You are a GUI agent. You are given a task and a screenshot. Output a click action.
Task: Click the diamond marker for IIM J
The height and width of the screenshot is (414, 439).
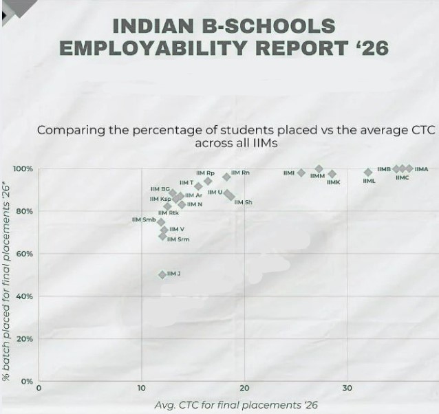point(162,274)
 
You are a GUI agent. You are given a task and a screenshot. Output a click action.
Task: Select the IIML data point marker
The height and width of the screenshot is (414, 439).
point(368,172)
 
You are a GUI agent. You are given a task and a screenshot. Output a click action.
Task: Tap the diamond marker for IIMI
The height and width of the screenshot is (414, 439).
point(301,173)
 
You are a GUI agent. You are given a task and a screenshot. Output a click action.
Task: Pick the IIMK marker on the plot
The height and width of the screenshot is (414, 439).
point(332,174)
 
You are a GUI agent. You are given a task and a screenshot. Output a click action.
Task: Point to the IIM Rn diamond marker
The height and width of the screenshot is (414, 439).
point(226,176)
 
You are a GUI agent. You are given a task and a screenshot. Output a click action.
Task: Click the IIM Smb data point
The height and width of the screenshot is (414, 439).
point(161,221)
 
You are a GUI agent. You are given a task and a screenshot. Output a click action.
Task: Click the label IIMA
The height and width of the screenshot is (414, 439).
point(421,168)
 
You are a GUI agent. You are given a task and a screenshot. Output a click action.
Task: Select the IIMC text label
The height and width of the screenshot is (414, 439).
point(403,178)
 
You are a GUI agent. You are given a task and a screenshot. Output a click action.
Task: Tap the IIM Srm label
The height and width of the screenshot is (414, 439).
point(178,239)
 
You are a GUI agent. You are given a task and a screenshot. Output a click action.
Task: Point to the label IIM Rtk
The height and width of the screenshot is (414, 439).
point(169,213)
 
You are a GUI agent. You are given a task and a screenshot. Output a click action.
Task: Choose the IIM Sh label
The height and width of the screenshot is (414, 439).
point(244,202)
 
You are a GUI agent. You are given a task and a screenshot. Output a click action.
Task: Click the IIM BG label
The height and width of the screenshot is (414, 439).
point(160,188)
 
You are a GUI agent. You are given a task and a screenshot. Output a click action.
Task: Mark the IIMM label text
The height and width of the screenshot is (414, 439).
point(317,176)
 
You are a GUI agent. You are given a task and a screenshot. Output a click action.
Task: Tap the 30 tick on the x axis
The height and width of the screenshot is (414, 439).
point(347,389)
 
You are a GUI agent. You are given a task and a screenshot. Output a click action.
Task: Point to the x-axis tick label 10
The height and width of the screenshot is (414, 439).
point(142,389)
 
